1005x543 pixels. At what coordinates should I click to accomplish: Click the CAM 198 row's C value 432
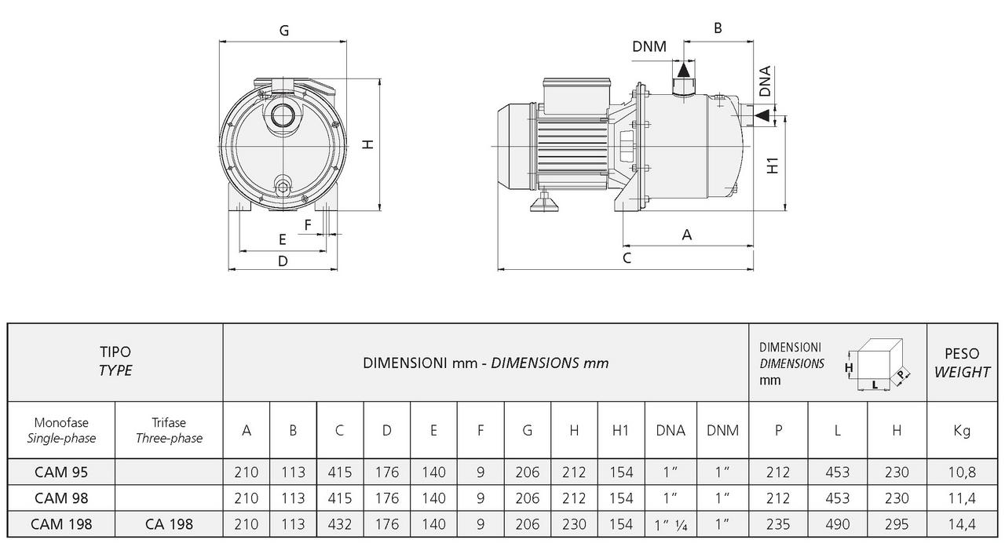click(x=339, y=524)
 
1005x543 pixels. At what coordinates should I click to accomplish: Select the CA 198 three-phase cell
click(x=169, y=524)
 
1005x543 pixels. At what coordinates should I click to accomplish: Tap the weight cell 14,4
click(x=961, y=524)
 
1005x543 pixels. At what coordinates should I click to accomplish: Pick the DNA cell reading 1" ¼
click(x=671, y=524)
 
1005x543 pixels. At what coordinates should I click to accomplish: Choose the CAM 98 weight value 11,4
click(x=961, y=498)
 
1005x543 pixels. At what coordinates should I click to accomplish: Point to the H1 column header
click(x=621, y=430)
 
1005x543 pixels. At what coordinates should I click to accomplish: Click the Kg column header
click(x=961, y=430)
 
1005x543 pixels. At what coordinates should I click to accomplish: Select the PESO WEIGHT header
click(x=962, y=363)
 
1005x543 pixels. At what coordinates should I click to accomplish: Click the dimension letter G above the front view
click(x=284, y=31)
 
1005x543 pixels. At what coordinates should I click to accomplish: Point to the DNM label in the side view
click(x=649, y=46)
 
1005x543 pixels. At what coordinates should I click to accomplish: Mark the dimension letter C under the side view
click(x=627, y=257)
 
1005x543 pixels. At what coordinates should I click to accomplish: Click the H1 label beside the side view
click(x=773, y=166)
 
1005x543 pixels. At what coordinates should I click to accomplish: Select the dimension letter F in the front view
click(x=308, y=224)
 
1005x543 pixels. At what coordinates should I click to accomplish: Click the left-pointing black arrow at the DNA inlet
click(x=762, y=116)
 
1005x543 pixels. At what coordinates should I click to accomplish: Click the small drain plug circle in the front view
click(x=283, y=186)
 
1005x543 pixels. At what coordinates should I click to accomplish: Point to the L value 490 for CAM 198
click(x=837, y=524)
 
